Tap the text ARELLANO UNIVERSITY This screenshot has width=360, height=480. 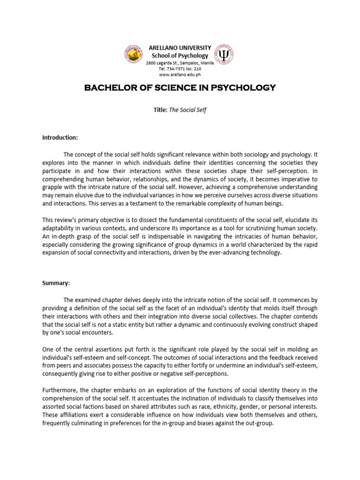click(180, 48)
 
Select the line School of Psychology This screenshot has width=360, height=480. click(180, 55)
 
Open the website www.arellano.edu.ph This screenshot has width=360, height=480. click(180, 74)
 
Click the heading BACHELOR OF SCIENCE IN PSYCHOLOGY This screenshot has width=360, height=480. click(180, 88)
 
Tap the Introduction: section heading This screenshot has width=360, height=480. click(60, 137)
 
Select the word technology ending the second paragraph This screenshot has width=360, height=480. click(265, 252)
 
